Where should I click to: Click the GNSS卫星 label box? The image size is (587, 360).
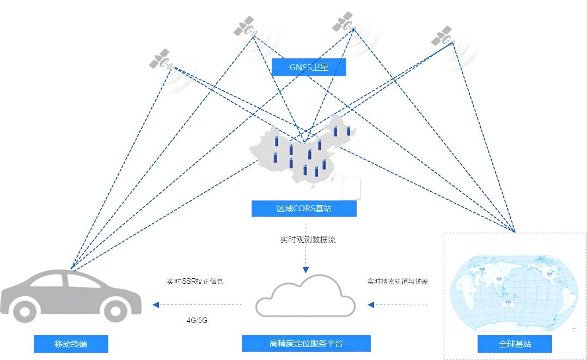[309, 67]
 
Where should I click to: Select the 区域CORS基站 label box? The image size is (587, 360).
[304, 209]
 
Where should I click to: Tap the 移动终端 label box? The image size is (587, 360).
[71, 344]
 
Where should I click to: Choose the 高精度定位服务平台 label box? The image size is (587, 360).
[306, 343]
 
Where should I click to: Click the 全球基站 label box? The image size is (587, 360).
[515, 344]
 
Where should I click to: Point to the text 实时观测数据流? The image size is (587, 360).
[308, 239]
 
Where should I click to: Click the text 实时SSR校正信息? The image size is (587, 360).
[195, 282]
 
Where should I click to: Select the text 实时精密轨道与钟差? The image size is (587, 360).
[398, 282]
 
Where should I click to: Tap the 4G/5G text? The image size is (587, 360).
[197, 320]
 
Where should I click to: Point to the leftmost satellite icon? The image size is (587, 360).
[160, 59]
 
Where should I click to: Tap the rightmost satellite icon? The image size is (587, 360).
[442, 36]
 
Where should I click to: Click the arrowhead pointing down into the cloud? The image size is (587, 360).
[305, 270]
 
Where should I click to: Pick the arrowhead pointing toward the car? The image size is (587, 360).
[156, 304]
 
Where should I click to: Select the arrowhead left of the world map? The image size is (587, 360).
[371, 304]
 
